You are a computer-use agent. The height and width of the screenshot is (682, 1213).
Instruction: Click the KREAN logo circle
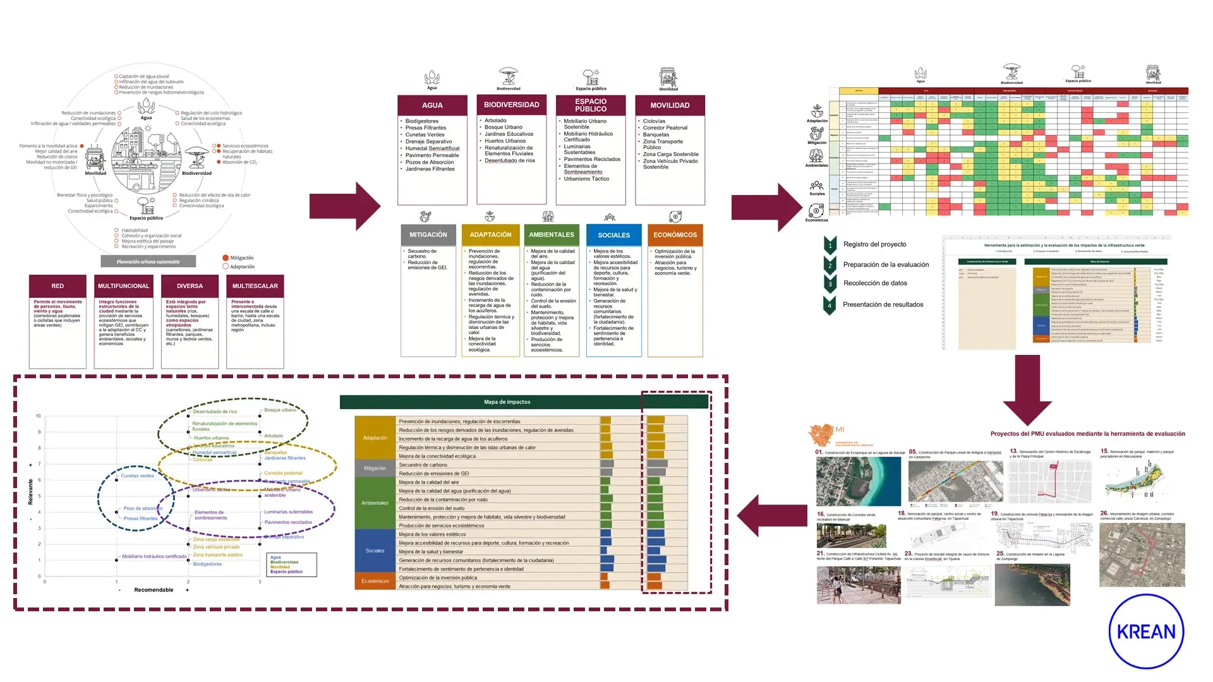tap(1146, 631)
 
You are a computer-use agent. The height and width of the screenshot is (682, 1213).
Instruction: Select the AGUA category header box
tap(432, 105)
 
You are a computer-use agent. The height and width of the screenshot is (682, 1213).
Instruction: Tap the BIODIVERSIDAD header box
tap(511, 105)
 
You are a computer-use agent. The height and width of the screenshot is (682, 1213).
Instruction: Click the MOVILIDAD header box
tap(670, 105)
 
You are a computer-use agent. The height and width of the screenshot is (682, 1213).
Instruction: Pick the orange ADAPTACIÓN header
tap(490, 235)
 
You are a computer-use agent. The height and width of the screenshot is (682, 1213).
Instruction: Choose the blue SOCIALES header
tap(613, 235)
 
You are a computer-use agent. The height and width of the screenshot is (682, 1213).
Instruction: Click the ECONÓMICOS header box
tap(675, 235)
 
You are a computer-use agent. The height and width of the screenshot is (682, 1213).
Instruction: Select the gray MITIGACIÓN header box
tap(428, 235)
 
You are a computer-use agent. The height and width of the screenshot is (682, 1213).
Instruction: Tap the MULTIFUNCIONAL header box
tap(123, 286)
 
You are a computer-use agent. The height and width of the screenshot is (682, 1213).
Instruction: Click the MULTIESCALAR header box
tap(255, 286)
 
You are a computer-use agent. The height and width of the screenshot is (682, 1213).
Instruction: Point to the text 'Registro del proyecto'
tap(874, 244)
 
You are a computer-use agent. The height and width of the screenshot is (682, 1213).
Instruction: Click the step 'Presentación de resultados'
tap(883, 304)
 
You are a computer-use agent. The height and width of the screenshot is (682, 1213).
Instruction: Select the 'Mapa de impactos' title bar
tap(507, 402)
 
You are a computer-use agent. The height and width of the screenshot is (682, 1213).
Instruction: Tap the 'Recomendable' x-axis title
tap(154, 590)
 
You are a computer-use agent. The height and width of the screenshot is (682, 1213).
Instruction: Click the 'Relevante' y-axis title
tap(30, 491)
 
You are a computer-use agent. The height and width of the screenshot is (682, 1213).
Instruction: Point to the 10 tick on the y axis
tap(39, 416)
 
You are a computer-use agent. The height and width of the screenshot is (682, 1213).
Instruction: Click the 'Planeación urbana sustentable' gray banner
tap(148, 261)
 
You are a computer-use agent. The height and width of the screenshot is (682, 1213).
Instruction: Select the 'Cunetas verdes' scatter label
tap(137, 476)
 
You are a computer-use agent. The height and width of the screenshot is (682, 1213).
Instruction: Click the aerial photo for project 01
tap(858, 482)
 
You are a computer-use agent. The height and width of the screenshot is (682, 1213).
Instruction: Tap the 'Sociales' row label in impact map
tap(375, 551)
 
